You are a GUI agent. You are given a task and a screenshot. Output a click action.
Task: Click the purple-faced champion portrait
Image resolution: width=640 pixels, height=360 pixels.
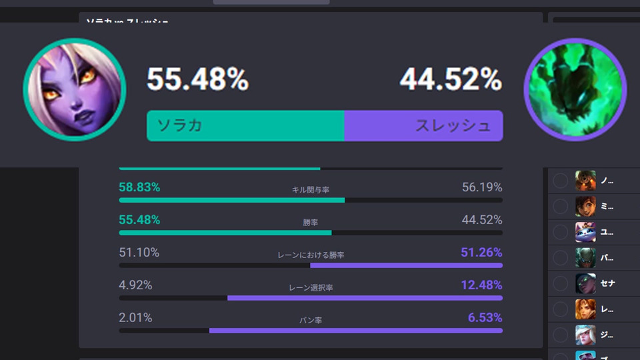coord(75,88)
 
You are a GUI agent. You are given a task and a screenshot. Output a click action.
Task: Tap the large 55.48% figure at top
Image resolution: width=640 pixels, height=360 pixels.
coord(198,81)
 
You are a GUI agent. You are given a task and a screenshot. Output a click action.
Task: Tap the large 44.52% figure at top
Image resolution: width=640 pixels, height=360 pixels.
coord(451,81)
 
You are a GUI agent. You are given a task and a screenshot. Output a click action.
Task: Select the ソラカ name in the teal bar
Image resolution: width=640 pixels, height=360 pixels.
coord(180,125)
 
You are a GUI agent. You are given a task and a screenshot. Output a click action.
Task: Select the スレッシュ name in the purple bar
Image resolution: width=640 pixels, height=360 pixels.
coord(453,125)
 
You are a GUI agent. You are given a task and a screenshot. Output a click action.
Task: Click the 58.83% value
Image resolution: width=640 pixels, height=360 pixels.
coord(139,187)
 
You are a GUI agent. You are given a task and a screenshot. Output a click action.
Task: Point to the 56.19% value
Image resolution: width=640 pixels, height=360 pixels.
coord(482,187)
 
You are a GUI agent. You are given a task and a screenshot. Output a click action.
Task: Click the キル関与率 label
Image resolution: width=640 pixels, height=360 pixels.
coord(311,190)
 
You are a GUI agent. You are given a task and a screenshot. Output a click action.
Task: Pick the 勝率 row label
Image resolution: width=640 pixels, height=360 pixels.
coord(311,223)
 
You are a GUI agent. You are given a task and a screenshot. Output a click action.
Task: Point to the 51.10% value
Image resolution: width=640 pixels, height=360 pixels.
coord(139,253)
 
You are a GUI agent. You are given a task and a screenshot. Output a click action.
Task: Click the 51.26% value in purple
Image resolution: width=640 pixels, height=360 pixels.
coord(481,253)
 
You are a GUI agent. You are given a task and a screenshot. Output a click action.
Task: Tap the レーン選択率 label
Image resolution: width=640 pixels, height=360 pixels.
coord(311,288)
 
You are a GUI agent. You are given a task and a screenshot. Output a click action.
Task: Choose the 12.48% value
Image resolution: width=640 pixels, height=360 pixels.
coord(481,285)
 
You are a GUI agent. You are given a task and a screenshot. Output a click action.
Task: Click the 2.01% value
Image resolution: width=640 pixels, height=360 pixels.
coord(136,318)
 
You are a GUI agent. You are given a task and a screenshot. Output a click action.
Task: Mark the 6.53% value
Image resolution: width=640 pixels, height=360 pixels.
coord(485,318)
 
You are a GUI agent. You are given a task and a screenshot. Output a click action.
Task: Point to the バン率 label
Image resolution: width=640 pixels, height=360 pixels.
coord(311,321)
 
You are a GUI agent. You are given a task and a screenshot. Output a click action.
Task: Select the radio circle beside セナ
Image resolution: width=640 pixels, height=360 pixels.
coord(561,283)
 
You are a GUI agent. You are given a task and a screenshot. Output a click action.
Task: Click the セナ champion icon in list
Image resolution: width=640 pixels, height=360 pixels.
coord(585,283)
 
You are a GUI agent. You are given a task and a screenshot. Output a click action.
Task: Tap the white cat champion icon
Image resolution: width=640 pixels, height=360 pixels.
coord(585,231)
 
